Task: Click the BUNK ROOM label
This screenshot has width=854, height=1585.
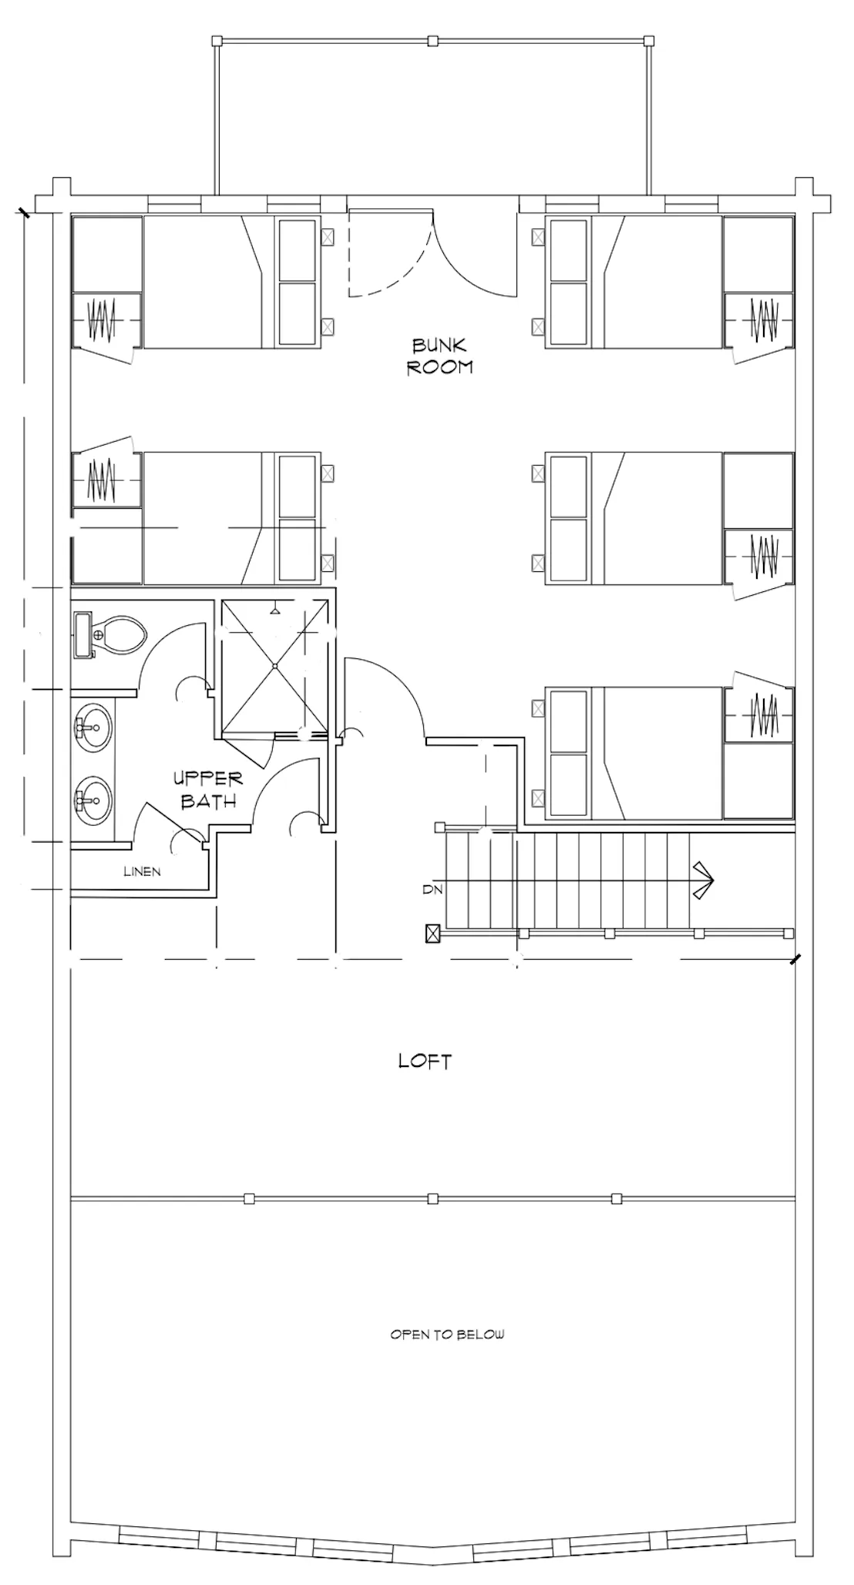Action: pos(439,355)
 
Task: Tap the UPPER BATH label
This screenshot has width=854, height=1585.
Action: pos(208,789)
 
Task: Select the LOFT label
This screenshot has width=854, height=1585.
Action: pos(425,1061)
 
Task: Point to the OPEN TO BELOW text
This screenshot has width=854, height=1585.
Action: pos(447,1334)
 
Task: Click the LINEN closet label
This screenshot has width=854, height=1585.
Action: pos(143,872)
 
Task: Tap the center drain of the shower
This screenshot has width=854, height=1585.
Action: pos(275,665)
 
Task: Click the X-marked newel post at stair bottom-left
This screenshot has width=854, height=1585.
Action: pos(433,934)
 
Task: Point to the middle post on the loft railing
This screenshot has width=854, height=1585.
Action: pos(433,1198)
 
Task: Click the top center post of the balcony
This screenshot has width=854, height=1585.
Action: pos(433,40)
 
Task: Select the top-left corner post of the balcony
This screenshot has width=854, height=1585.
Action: pos(217,40)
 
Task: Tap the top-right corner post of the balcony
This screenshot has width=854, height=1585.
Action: pos(649,40)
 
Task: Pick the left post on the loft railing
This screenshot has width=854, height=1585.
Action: pos(248,1198)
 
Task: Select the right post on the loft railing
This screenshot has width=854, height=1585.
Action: pos(617,1198)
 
